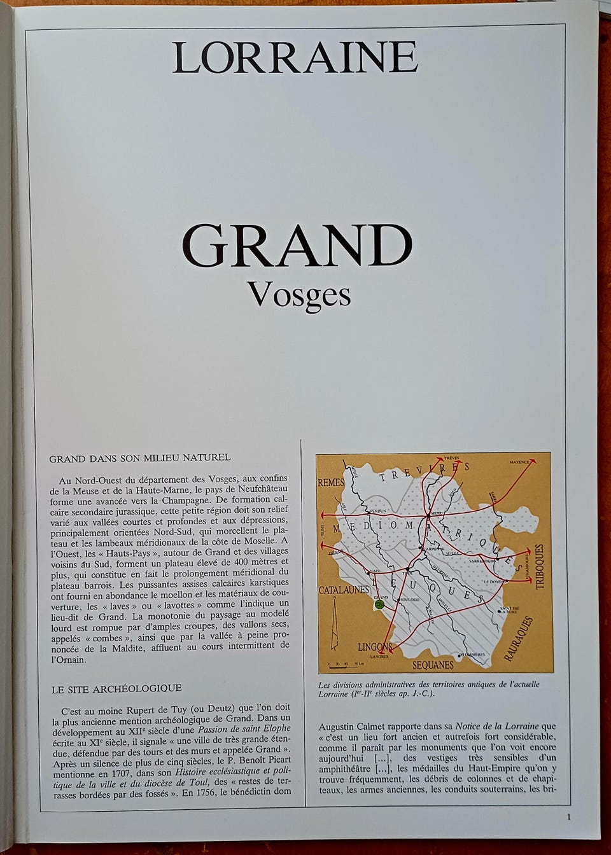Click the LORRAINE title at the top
[x=295, y=57]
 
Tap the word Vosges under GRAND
[x=299, y=294]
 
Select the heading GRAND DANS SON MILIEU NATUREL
[x=140, y=457]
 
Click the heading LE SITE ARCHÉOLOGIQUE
[x=116, y=688]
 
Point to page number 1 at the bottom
[x=568, y=817]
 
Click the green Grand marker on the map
[x=380, y=604]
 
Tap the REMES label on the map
[x=331, y=483]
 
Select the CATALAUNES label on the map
[x=344, y=590]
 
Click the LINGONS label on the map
[x=375, y=647]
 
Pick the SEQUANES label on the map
[x=433, y=665]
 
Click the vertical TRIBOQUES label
[x=540, y=566]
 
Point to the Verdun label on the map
[x=377, y=511]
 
